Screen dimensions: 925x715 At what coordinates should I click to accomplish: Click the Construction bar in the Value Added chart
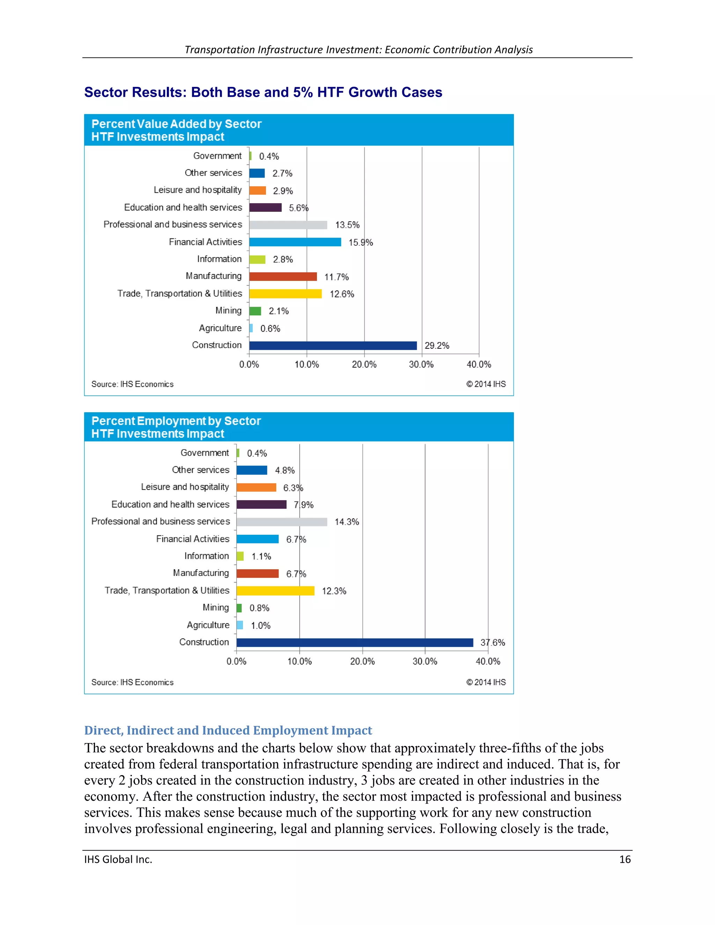(333, 346)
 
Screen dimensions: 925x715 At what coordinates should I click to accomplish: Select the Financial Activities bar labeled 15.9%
(295, 242)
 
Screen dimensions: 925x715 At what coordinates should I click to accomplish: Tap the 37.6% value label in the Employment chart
(493, 643)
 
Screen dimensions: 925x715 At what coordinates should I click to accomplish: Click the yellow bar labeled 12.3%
(275, 591)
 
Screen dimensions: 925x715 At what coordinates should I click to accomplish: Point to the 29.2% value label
(437, 346)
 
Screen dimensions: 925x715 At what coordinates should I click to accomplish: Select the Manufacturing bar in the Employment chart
(258, 573)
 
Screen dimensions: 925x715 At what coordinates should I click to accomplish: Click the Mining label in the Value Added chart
(228, 310)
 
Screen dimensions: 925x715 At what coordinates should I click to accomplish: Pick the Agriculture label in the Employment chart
(208, 625)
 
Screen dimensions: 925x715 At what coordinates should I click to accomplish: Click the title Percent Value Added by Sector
(176, 124)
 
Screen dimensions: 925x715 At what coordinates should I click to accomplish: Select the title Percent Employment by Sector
(176, 421)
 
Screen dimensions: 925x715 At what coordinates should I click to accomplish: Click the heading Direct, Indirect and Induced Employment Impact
(228, 730)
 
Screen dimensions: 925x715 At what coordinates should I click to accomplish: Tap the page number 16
(625, 859)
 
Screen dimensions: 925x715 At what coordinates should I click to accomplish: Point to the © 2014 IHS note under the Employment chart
(486, 682)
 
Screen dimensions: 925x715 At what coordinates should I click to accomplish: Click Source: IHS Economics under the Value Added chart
(132, 384)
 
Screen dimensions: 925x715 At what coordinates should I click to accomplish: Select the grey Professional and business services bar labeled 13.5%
(288, 225)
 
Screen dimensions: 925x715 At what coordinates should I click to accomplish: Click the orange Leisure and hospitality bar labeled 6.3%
(256, 488)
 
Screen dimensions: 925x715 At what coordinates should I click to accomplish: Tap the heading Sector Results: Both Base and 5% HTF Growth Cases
(263, 92)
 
